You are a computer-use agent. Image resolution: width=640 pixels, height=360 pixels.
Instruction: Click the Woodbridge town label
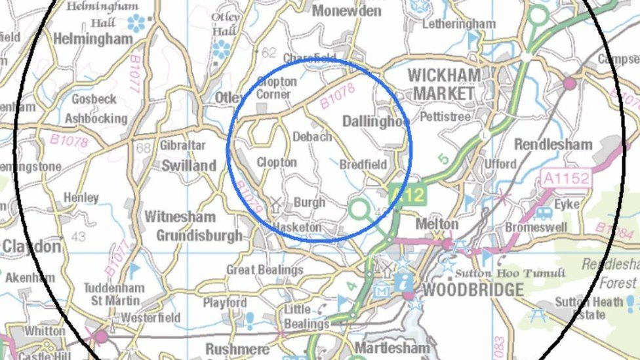pos(473,289)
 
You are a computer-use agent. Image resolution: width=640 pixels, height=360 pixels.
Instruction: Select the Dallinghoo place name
pos(376,122)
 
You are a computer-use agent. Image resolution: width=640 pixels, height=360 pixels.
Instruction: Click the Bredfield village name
pos(363,165)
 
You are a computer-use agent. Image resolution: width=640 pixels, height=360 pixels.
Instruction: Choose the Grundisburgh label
pos(199,235)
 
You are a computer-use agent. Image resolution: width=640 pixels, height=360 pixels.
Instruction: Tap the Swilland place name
pos(188,165)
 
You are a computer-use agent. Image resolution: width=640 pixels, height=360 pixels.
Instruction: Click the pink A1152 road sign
pos(566,177)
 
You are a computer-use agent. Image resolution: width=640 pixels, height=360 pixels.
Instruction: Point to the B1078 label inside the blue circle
pos(338,95)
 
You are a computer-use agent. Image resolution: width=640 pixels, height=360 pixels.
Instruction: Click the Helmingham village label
pos(92,39)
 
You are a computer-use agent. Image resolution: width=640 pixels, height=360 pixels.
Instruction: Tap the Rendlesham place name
pos(553,144)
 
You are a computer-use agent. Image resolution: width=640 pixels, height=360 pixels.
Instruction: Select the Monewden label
pos(346,10)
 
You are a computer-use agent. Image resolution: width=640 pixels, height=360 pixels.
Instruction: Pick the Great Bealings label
pos(264,270)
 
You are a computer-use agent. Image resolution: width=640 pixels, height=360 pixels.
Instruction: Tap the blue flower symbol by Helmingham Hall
pos(136,23)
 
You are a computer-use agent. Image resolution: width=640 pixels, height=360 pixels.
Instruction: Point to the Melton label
pos(437,224)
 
